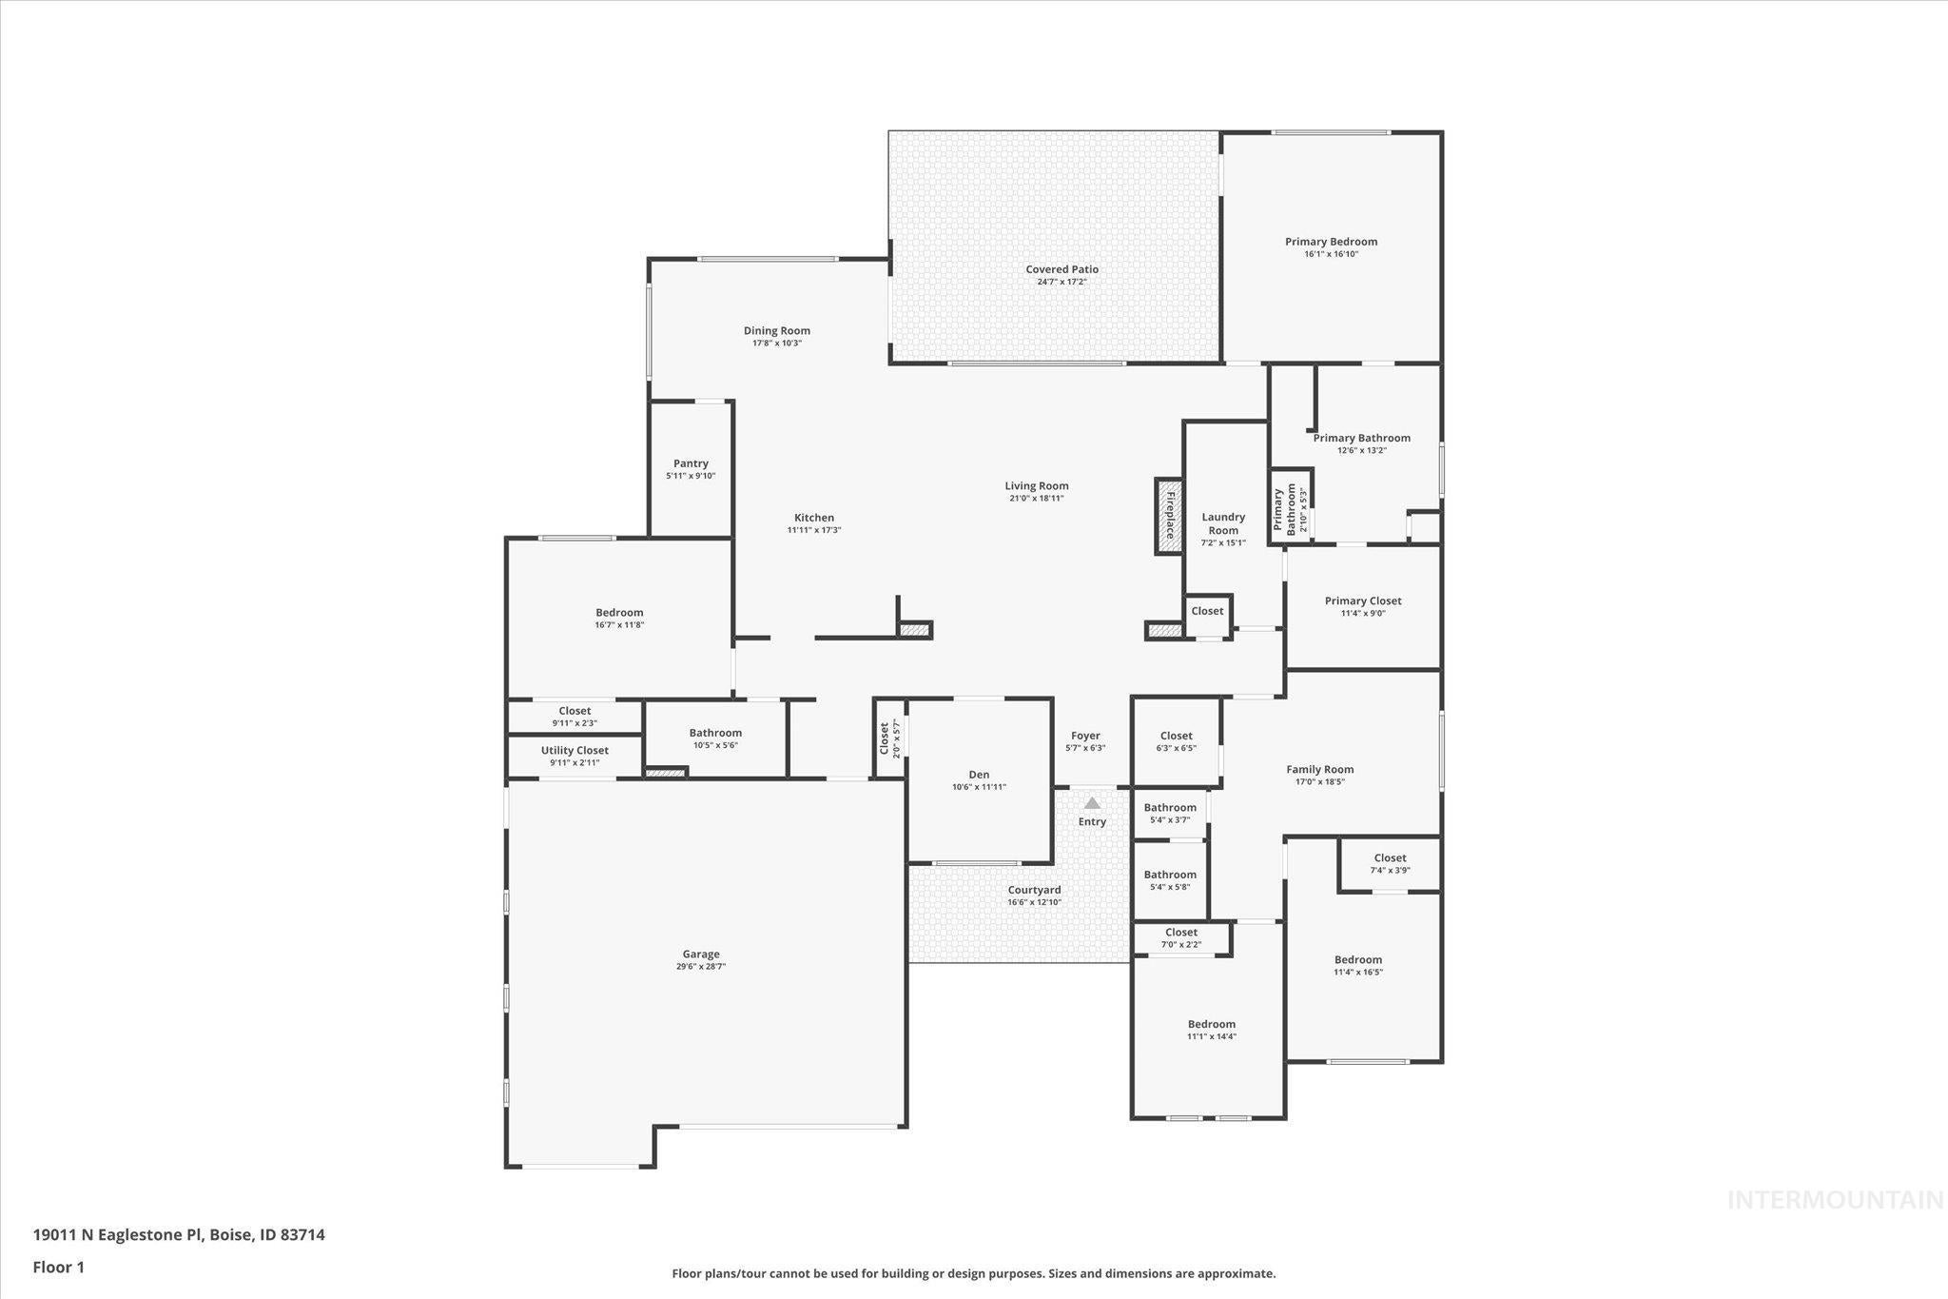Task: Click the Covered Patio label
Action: [1062, 269]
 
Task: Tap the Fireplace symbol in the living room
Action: [1169, 516]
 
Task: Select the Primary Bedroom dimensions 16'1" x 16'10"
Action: [1331, 254]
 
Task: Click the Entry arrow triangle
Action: [1092, 803]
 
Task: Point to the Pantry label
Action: [691, 463]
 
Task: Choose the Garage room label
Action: [701, 954]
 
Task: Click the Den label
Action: [979, 775]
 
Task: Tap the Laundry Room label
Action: [1223, 524]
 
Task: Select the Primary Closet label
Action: [1363, 600]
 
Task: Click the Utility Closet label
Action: [575, 750]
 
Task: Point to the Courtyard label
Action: [1034, 890]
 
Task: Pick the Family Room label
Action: [1319, 769]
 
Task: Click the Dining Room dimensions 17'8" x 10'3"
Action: [777, 343]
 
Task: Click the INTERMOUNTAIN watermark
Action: [1835, 1200]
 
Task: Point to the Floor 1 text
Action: [59, 1267]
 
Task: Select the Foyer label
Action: [1085, 736]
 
